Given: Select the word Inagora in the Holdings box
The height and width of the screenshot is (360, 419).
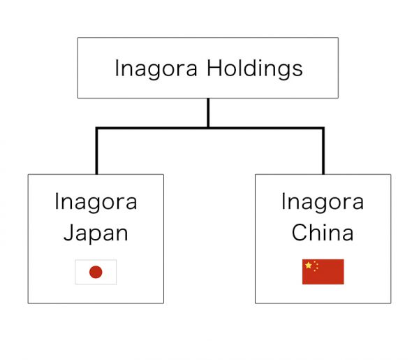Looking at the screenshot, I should [x=156, y=69].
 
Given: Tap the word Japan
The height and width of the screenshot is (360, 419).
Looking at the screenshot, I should [x=96, y=233].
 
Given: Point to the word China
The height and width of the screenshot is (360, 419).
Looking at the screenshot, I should [x=323, y=233].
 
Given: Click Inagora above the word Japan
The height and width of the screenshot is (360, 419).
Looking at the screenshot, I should [x=96, y=202].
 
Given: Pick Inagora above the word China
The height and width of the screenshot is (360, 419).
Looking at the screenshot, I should [x=323, y=202].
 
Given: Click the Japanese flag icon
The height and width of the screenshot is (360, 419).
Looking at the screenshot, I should [x=96, y=272].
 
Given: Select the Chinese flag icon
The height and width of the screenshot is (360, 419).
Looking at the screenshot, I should [x=323, y=272].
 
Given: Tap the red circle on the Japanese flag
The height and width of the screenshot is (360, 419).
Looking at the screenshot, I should [x=96, y=272].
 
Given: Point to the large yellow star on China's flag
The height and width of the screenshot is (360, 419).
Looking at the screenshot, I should [x=309, y=266].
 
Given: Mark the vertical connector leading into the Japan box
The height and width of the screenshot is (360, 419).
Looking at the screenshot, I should [x=96, y=152].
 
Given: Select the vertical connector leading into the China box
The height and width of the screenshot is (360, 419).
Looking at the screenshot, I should [x=323, y=152].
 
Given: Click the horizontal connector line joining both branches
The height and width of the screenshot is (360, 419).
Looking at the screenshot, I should [x=209, y=128].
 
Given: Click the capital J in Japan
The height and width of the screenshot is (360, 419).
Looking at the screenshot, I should [x=68, y=233].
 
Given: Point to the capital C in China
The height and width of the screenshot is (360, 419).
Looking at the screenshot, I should [x=298, y=233].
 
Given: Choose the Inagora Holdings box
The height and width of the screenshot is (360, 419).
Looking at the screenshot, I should [x=207, y=49].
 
